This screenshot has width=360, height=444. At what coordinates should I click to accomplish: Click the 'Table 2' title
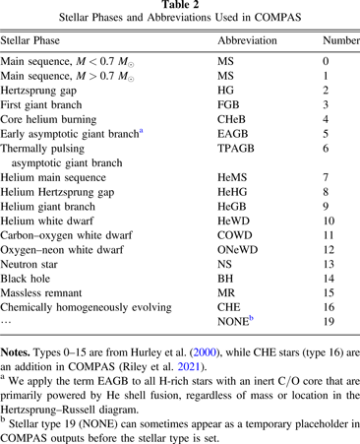point(180,7)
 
